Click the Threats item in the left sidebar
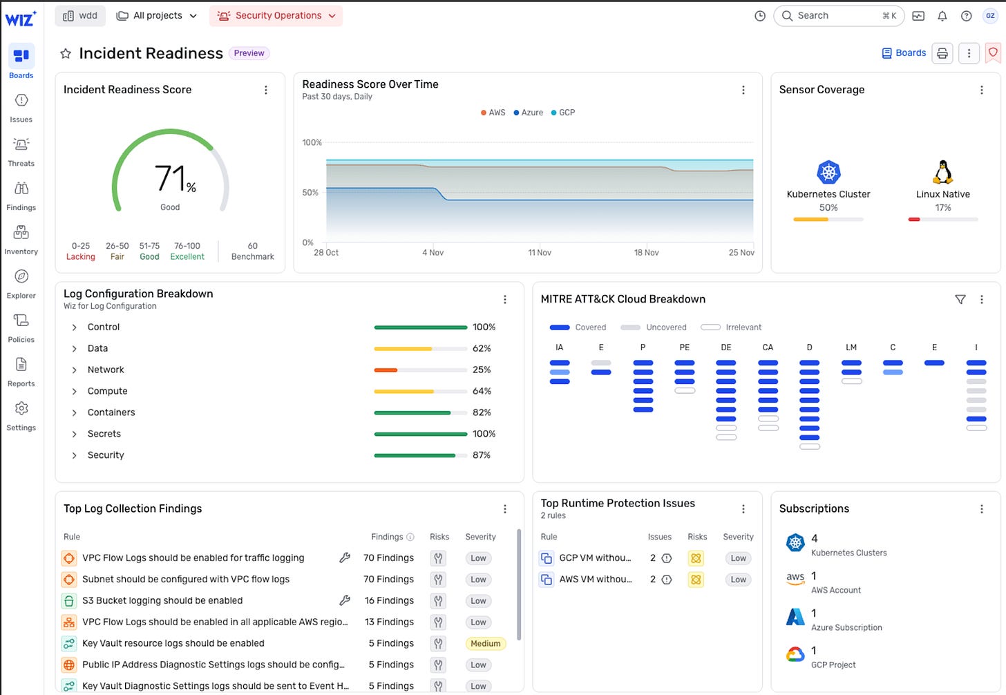21,151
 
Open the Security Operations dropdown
276,16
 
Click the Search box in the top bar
839,16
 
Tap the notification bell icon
942,16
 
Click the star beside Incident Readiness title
66,53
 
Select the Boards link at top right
904,53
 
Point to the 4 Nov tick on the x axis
433,253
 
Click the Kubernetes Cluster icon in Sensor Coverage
828,172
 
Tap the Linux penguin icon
942,172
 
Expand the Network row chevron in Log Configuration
75,370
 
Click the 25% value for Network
482,370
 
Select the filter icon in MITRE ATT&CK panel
960,299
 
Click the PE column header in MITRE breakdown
684,347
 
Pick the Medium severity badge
485,643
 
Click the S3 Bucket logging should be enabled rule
162,601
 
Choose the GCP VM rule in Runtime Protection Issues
594,558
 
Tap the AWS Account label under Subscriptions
835,590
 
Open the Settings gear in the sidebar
21,415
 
